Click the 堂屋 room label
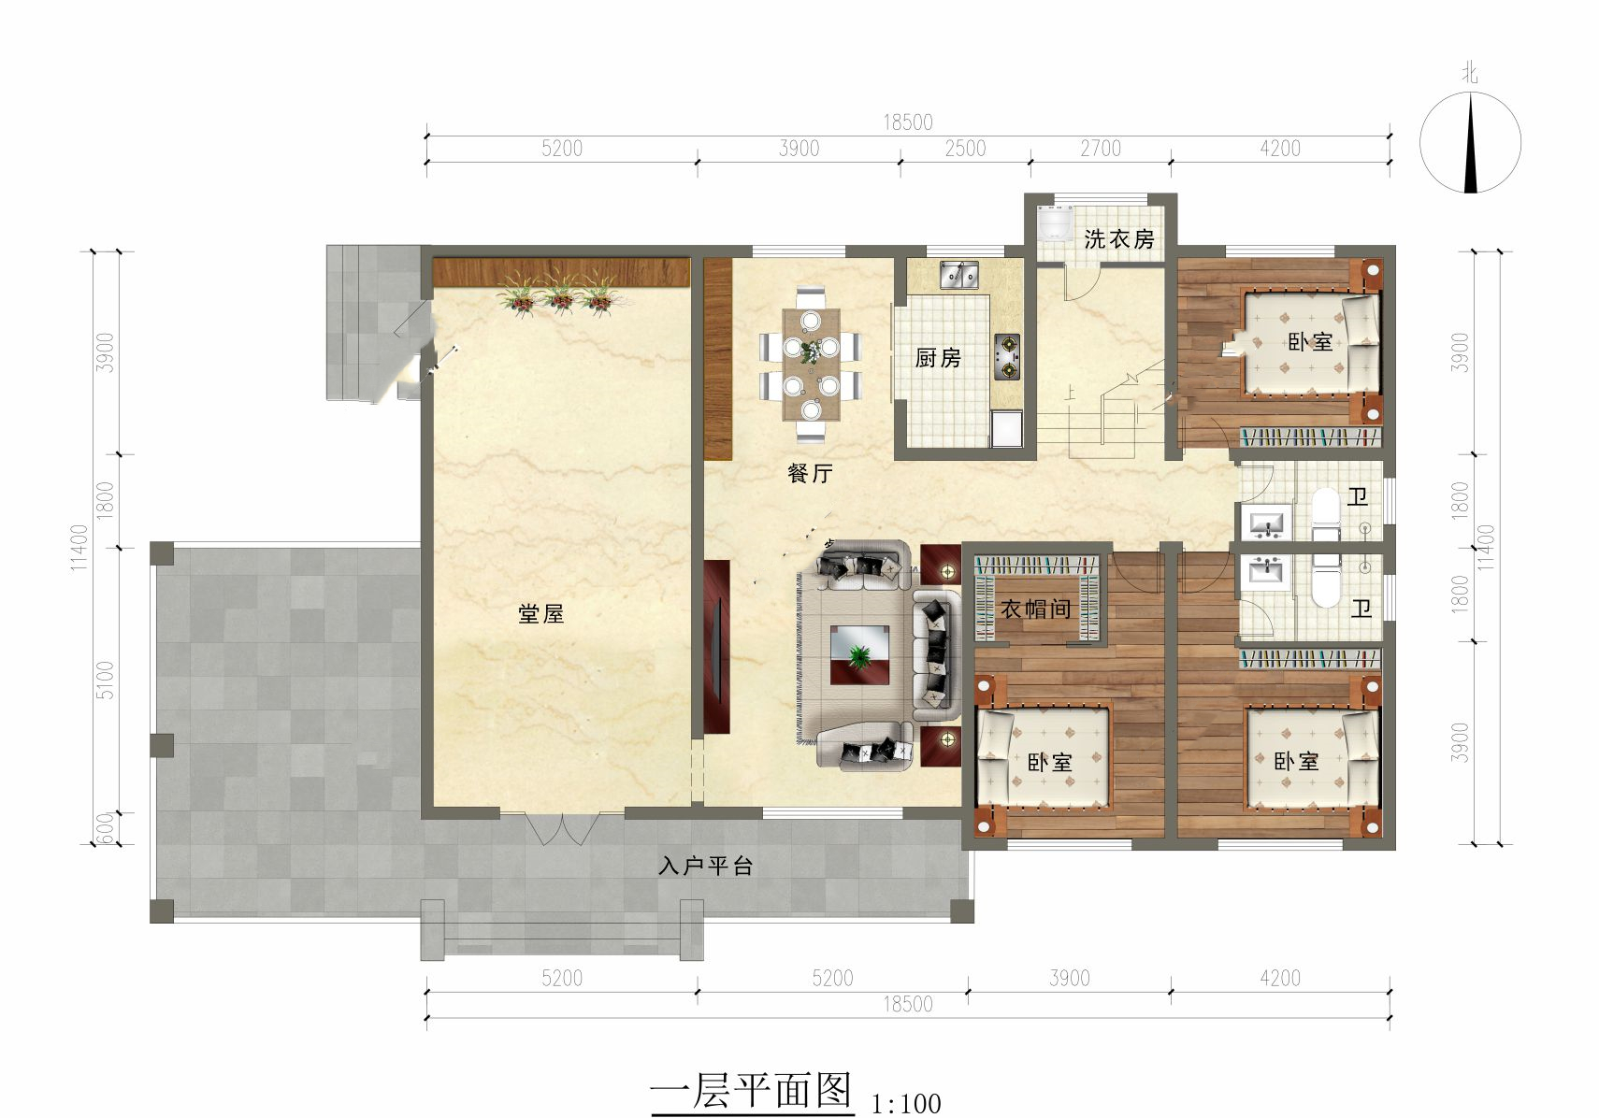tap(540, 613)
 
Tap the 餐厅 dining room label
tap(810, 472)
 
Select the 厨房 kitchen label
tap(938, 357)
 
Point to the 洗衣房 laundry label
tap(1118, 239)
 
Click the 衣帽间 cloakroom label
tap(1036, 609)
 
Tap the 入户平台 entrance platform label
tap(705, 867)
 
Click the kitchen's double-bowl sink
tap(959, 276)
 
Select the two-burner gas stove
tap(1006, 357)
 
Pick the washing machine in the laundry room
tap(1056, 224)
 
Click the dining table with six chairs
tap(811, 364)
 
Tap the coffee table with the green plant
tap(859, 655)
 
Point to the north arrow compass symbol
tap(1470, 143)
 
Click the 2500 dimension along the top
tap(965, 149)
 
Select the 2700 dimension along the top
tap(1100, 149)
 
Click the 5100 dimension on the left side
tap(105, 680)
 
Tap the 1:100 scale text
tap(906, 1104)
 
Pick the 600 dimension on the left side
tap(105, 828)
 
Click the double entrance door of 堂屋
tap(562, 827)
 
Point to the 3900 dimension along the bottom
tap(1070, 978)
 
